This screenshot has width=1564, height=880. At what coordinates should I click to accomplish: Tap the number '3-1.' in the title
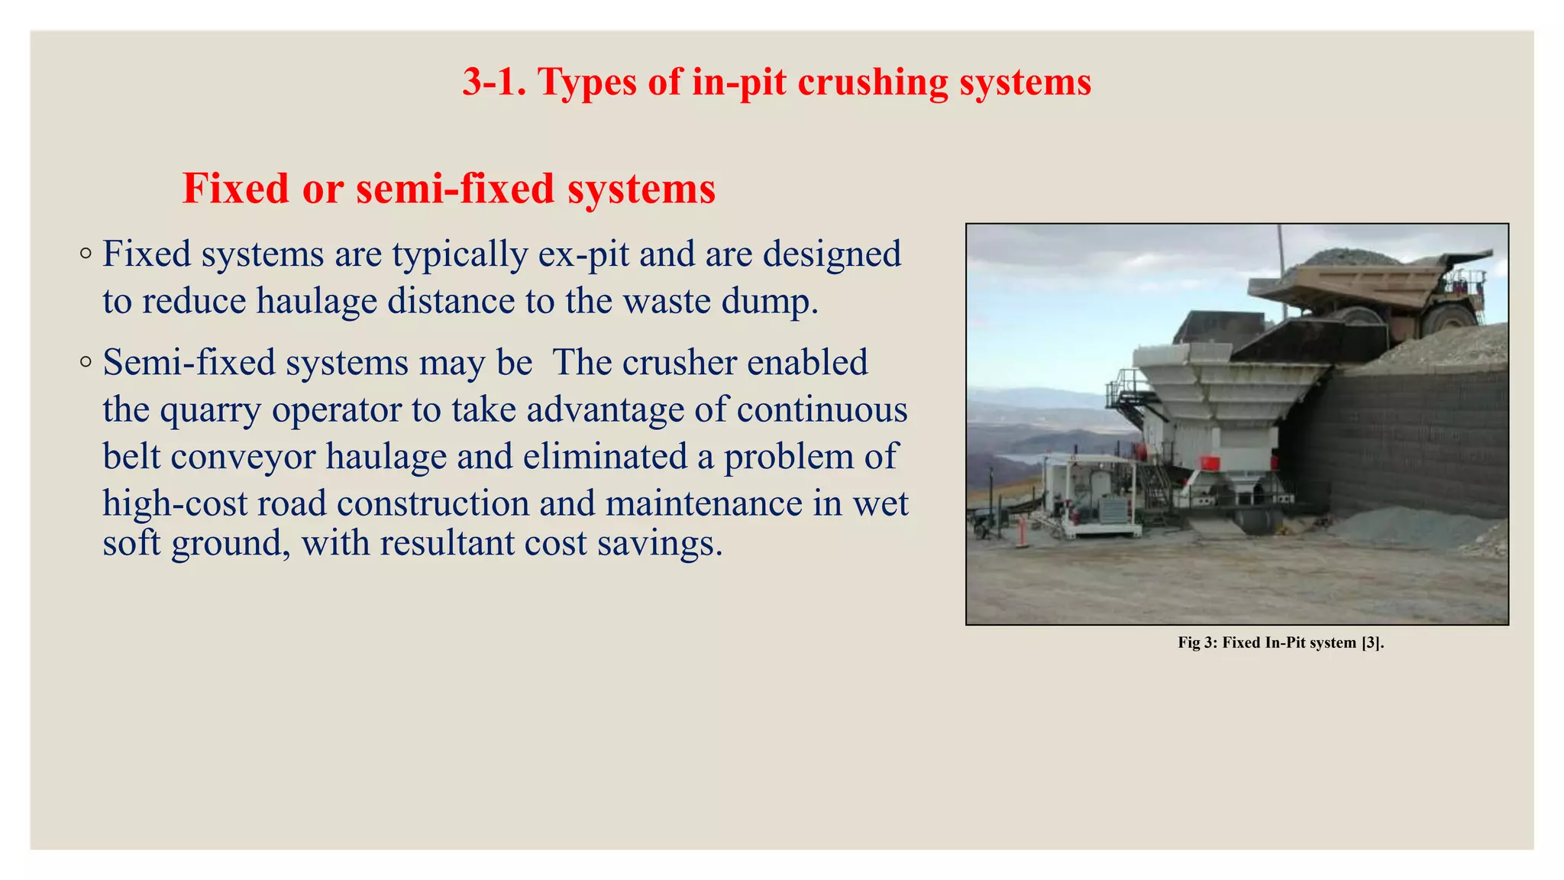click(494, 82)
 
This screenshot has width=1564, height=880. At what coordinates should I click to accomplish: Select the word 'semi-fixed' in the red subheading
click(455, 189)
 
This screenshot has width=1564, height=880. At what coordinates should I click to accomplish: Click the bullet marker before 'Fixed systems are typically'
click(86, 253)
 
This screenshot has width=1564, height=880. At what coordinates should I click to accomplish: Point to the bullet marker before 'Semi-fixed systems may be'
click(86, 361)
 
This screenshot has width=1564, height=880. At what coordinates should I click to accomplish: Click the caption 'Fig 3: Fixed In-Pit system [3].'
click(1281, 643)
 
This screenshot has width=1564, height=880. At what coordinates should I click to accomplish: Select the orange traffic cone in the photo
click(1021, 531)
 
